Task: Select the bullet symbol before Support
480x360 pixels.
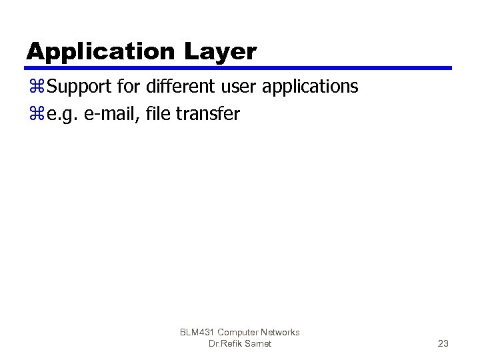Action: click(35, 87)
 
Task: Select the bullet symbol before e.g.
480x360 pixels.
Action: click(35, 115)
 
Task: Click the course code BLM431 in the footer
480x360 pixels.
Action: click(197, 332)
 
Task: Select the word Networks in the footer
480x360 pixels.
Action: click(281, 332)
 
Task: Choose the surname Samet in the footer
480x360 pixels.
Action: click(257, 343)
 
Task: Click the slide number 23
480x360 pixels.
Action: click(443, 343)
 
